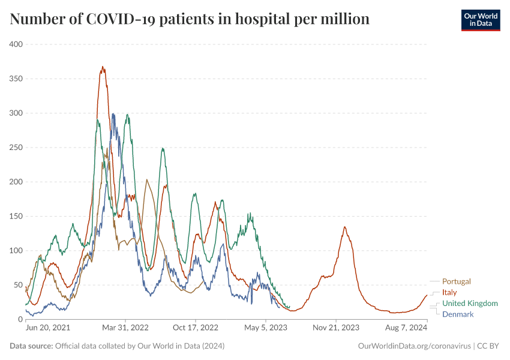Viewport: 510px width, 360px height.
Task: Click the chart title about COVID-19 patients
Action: (x=190, y=19)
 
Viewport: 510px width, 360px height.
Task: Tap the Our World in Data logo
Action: (x=480, y=19)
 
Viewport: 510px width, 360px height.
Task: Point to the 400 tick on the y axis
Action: (x=15, y=44)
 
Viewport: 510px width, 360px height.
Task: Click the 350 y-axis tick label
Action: (x=15, y=79)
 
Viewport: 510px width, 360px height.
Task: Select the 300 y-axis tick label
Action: (x=15, y=113)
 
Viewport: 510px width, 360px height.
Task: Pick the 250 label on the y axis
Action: (x=15, y=148)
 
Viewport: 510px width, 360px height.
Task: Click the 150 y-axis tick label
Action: (x=15, y=216)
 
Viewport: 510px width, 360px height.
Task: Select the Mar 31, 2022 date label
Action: (x=125, y=328)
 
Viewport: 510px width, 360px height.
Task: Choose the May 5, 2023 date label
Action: (x=266, y=328)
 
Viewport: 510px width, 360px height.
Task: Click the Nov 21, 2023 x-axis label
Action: (x=335, y=328)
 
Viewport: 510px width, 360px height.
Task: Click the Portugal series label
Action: (x=456, y=281)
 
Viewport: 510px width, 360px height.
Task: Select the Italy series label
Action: (x=449, y=292)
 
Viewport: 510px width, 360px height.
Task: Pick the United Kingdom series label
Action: (x=470, y=304)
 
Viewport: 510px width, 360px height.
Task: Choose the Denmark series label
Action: (x=458, y=314)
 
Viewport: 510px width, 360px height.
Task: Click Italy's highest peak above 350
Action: (x=103, y=67)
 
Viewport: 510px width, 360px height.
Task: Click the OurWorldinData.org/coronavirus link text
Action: (x=414, y=346)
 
